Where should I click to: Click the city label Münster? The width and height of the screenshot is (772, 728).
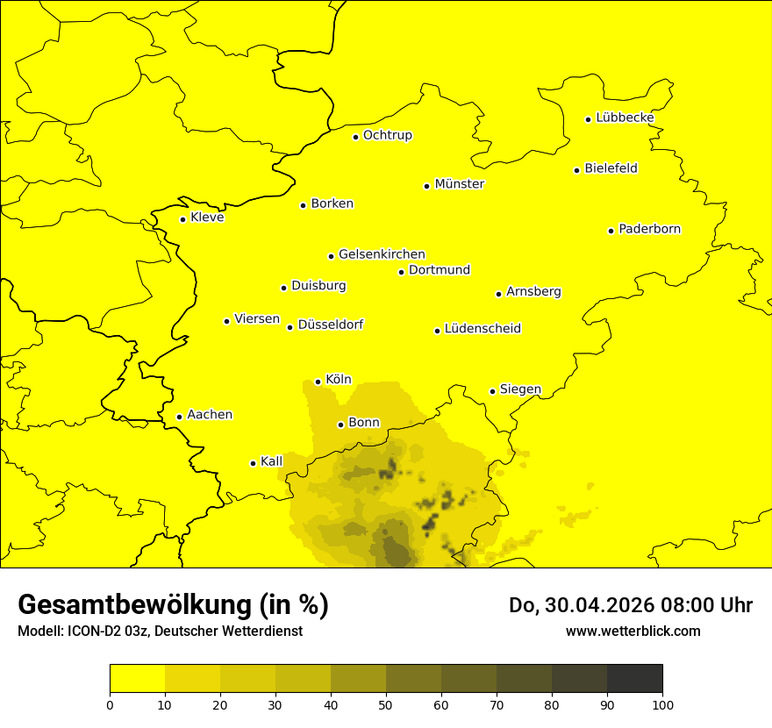click(460, 184)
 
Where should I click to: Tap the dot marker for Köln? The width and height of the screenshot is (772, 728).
click(318, 382)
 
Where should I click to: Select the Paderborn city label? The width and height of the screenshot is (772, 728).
click(650, 229)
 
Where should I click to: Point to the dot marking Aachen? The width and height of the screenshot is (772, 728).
click(180, 417)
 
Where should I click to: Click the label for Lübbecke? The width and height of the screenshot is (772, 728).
click(625, 118)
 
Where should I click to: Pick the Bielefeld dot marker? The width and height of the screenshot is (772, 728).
click(577, 170)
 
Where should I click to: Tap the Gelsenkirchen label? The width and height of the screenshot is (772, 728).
click(382, 254)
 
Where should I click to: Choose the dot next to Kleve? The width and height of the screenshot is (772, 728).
click(183, 219)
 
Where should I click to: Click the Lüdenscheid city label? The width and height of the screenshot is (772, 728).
click(482, 329)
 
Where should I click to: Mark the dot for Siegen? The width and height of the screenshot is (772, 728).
click(493, 391)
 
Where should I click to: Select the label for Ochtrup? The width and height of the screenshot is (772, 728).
click(388, 135)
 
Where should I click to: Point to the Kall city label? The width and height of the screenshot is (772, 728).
click(272, 461)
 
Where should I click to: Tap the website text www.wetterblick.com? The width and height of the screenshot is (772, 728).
click(633, 631)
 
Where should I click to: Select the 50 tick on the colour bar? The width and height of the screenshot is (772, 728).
click(386, 703)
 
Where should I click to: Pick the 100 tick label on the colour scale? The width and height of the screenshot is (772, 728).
click(662, 703)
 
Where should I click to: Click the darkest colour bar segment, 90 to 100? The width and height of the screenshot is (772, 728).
click(634, 679)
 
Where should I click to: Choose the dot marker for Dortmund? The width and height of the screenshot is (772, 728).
click(402, 272)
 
